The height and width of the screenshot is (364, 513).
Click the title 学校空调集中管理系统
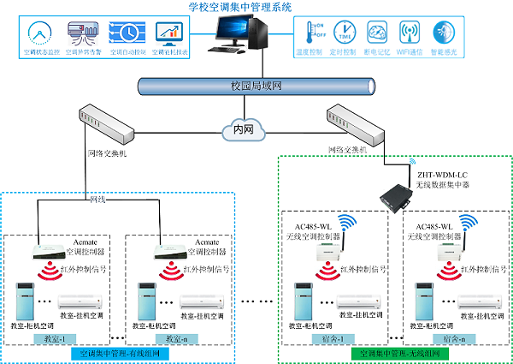tap(240, 7)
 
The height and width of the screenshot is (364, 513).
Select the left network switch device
tap(103, 119)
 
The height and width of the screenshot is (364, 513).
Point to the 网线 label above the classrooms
tap(99, 198)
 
